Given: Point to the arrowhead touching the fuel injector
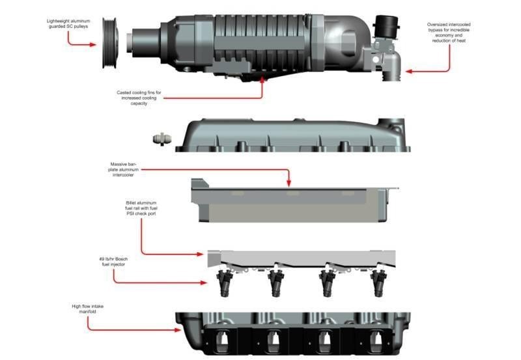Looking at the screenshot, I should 203,283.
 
